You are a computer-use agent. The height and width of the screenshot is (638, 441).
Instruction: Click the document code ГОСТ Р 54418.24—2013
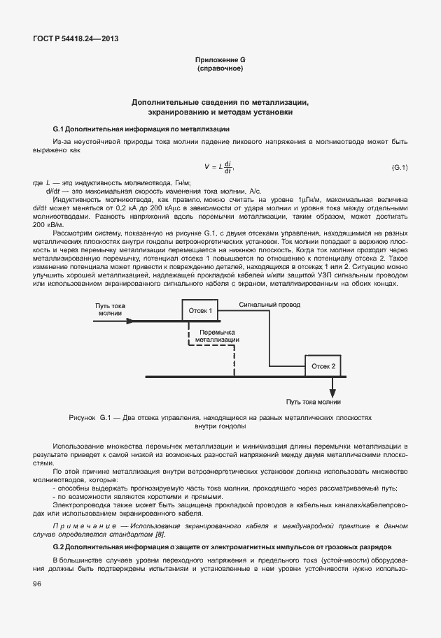76,39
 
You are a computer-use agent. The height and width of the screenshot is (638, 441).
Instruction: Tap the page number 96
37,585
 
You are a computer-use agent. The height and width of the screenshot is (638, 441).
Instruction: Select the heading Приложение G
220,60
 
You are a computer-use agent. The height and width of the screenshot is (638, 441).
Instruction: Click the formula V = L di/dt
219,168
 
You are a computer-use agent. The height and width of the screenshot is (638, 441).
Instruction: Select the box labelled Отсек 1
200,310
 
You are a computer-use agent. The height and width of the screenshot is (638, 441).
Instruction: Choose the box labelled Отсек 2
323,365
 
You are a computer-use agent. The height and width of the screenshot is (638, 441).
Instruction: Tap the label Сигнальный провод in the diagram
269,305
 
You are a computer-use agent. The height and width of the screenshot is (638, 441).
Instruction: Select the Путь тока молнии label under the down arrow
314,402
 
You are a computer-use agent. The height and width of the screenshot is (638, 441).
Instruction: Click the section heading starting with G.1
141,129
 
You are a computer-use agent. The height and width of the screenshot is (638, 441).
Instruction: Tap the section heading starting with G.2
223,545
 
